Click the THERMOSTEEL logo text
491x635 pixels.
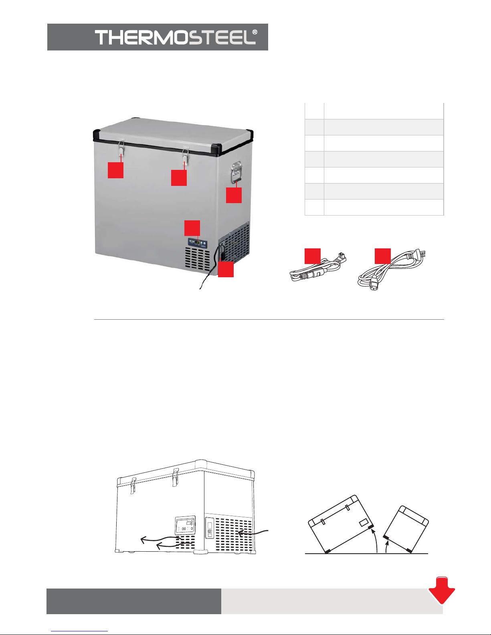pos(176,37)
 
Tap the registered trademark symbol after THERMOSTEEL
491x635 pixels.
pos(255,32)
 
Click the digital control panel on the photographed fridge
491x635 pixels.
pos(198,243)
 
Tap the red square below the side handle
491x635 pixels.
pos(234,195)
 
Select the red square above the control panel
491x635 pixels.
pos(192,228)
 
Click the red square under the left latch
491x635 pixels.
pos(115,170)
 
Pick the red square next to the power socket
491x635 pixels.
pos(226,269)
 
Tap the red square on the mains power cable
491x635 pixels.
pos(383,256)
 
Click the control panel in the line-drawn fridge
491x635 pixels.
pos(185,524)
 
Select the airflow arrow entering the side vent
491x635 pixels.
pos(253,532)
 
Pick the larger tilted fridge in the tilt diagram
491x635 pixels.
pos(341,524)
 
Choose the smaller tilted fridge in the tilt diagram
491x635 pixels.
pos(406,529)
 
